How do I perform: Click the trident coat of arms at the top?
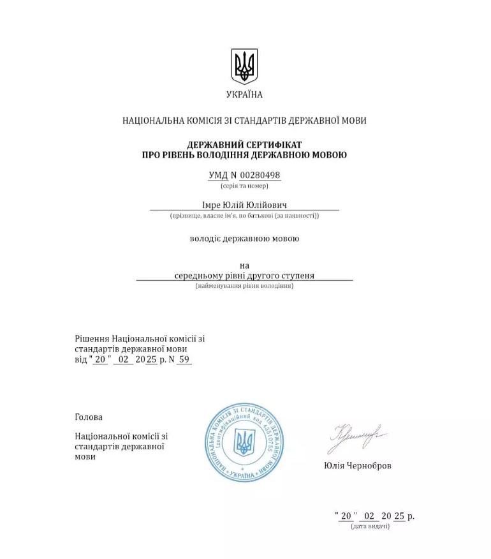tap(244, 66)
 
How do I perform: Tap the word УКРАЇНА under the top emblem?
tap(244, 94)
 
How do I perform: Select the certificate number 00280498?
tap(260, 175)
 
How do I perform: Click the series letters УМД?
tap(217, 175)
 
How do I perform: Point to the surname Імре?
tap(212, 205)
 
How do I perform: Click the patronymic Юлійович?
tap(269, 205)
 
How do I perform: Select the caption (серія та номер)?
tap(244, 186)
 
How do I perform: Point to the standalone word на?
tap(244, 265)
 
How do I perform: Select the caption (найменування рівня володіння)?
tap(244, 286)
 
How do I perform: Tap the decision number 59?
tap(184, 359)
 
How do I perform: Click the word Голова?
tap(89, 417)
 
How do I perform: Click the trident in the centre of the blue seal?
tap(244, 442)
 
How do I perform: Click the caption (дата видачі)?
tap(370, 526)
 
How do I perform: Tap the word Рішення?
tap(92, 338)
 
